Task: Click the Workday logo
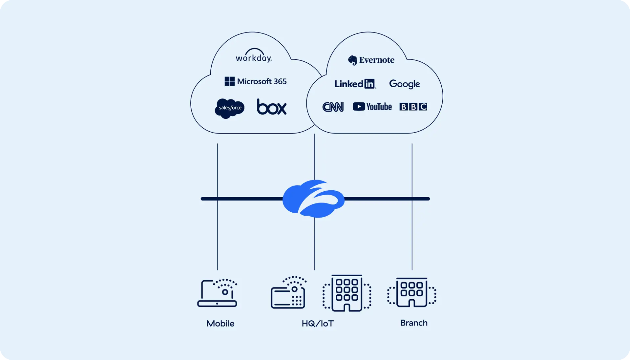[254, 56]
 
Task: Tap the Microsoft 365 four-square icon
[229, 81]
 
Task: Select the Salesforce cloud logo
[230, 108]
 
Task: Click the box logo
[271, 107]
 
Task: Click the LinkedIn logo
[355, 84]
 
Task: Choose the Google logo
[404, 84]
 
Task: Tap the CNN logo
[333, 107]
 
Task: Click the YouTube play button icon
[359, 107]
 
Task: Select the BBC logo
[413, 107]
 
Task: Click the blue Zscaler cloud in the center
[313, 199]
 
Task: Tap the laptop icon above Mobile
[217, 293]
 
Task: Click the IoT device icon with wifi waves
[288, 293]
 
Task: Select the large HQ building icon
[347, 293]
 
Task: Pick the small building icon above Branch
[412, 292]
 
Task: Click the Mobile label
[220, 324]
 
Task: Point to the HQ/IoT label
[317, 324]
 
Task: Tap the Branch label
[413, 323]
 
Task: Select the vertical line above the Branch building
[412, 236]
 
